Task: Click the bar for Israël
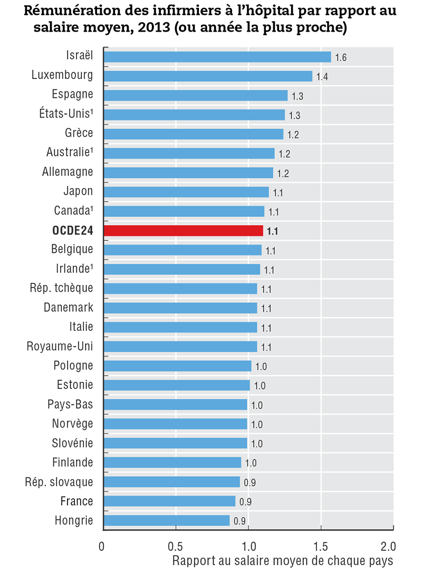tap(217, 57)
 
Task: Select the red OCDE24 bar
tap(183, 230)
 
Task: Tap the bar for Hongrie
tap(167, 520)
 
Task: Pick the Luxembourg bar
tap(208, 76)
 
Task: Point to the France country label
tap(76, 501)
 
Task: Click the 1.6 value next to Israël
tap(341, 57)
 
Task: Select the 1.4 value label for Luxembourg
tap(322, 77)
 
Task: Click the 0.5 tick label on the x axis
tap(176, 544)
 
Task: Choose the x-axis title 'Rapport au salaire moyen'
tap(282, 560)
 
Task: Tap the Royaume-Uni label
tap(60, 346)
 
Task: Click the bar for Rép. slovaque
tap(171, 481)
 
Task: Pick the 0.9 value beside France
tap(245, 502)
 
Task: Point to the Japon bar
tap(186, 192)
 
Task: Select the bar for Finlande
tap(172, 462)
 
